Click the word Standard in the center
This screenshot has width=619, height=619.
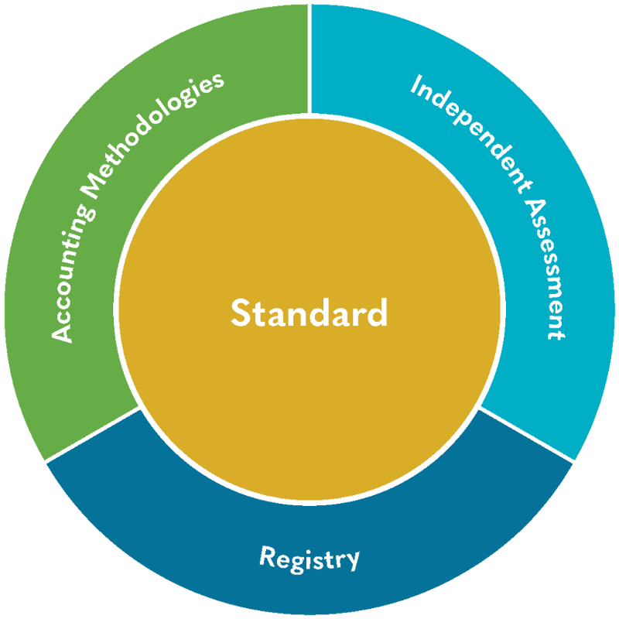[309, 313]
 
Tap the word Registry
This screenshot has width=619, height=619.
[309, 557]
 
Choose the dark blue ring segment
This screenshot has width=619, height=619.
[193, 534]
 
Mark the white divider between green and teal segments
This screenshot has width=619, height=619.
[309, 58]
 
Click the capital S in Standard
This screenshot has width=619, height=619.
[239, 313]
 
